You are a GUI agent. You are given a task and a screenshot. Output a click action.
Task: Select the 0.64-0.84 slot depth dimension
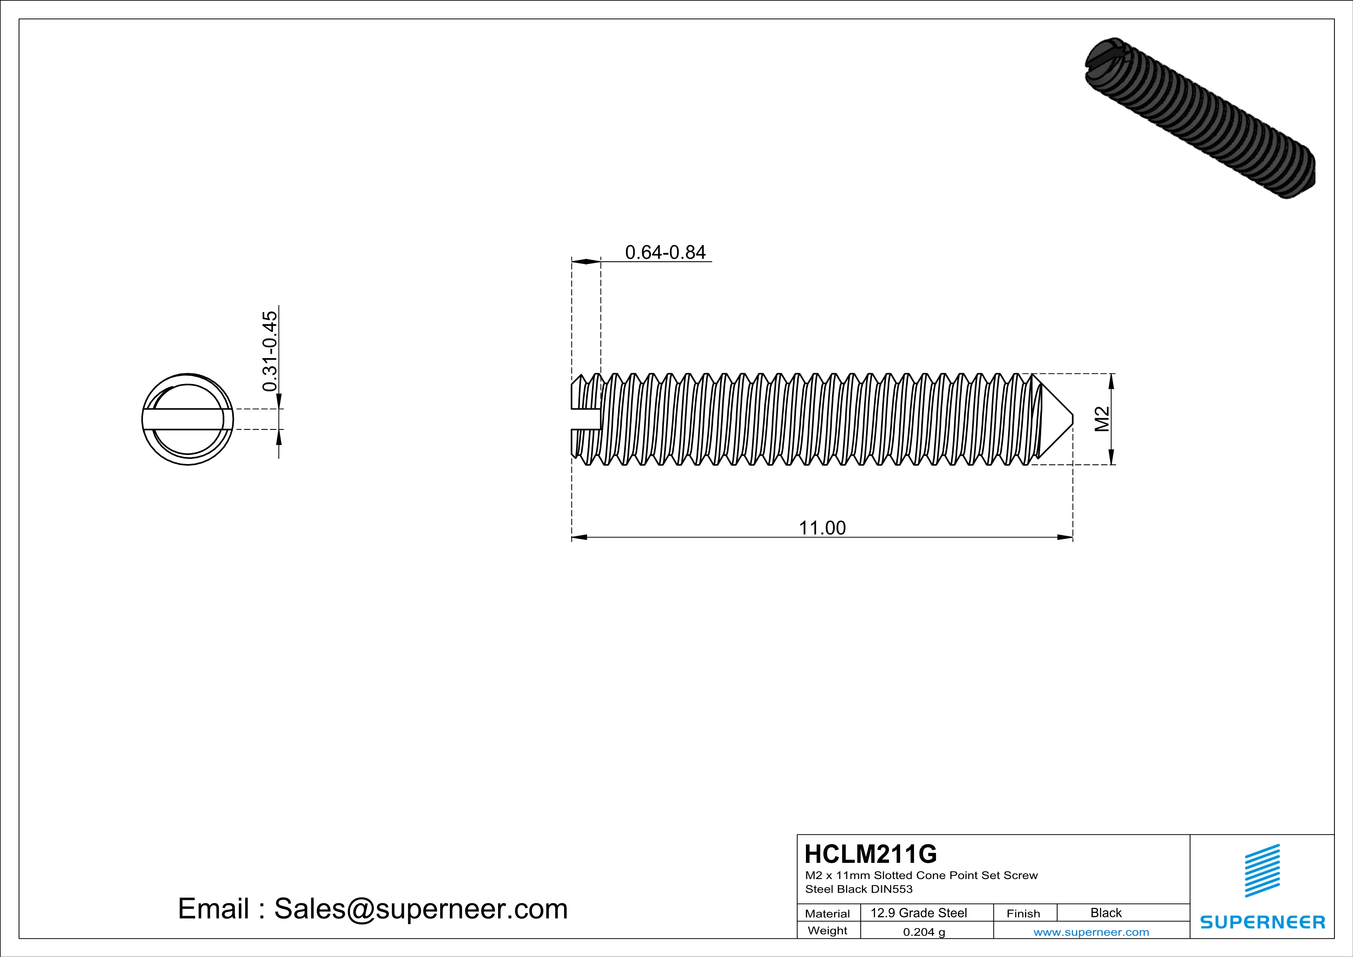pos(665,252)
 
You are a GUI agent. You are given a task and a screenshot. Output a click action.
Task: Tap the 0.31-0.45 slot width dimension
pos(269,351)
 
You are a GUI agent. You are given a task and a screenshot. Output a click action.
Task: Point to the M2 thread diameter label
pos(1101,419)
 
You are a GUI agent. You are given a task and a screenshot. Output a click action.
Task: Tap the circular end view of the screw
pos(187,419)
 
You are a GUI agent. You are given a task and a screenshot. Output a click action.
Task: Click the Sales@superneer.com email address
pos(420,909)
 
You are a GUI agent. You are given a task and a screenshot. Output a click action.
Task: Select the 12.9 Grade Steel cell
pos(918,913)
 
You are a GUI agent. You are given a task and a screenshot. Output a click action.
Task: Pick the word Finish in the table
pos(1023,913)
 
